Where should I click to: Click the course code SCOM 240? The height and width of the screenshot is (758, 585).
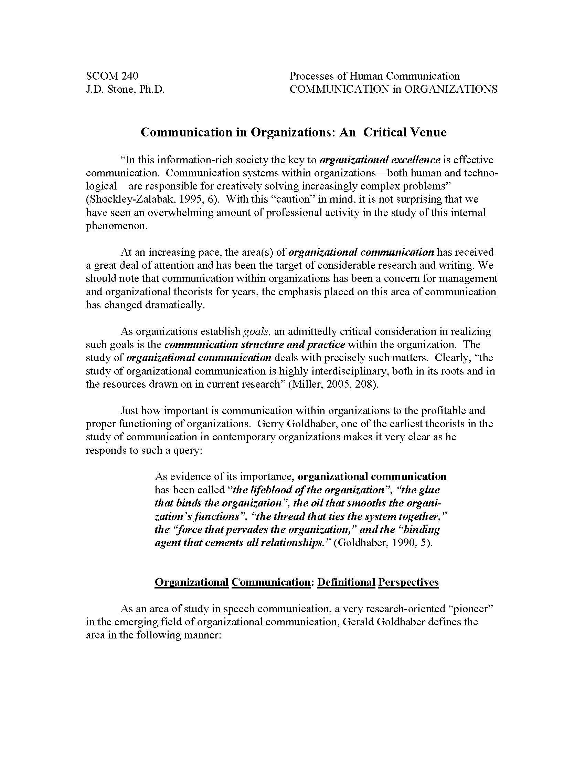coord(112,76)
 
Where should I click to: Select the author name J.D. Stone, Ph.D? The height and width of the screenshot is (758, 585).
coord(125,89)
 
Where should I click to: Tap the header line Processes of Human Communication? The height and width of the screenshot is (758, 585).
coord(374,76)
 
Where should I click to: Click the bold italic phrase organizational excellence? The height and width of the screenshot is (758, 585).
coord(380,160)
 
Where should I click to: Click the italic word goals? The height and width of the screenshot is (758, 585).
coord(256,331)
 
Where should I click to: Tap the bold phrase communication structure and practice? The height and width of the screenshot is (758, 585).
coord(255,345)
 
